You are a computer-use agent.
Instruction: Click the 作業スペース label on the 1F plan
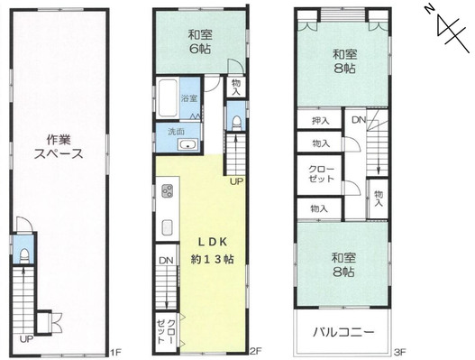(x=59, y=147)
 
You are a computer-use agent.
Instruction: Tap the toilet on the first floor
(x=23, y=256)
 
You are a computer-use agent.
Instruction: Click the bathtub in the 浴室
(x=168, y=98)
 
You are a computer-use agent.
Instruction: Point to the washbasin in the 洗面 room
(x=188, y=144)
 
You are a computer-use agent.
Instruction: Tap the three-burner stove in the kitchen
(x=168, y=190)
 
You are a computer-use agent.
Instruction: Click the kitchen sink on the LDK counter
(x=168, y=227)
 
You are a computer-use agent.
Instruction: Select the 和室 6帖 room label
(x=200, y=42)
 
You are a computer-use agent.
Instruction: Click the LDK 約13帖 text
(x=213, y=251)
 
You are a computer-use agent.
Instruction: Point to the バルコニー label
(x=343, y=332)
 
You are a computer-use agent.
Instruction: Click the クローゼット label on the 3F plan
(x=321, y=174)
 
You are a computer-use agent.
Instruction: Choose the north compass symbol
(x=448, y=31)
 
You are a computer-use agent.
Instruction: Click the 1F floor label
(x=115, y=352)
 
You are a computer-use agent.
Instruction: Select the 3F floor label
(x=400, y=352)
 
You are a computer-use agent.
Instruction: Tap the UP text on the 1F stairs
(x=26, y=339)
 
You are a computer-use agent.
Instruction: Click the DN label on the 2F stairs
(x=166, y=261)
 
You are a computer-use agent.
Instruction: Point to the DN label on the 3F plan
(x=359, y=120)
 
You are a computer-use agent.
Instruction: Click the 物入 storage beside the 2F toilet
(x=236, y=87)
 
